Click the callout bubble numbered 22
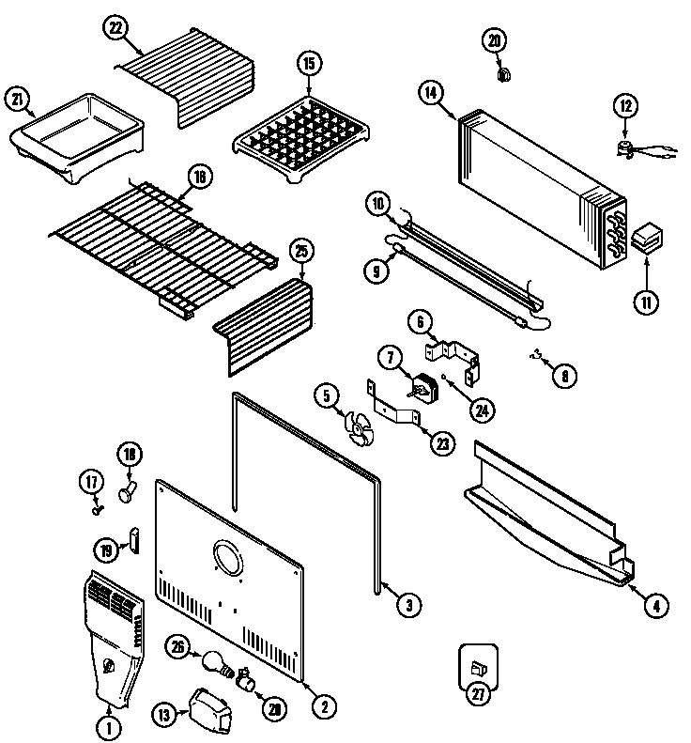(115, 30)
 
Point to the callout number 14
(430, 92)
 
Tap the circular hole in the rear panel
(228, 559)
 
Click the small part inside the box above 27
(477, 667)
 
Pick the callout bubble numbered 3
(407, 606)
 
